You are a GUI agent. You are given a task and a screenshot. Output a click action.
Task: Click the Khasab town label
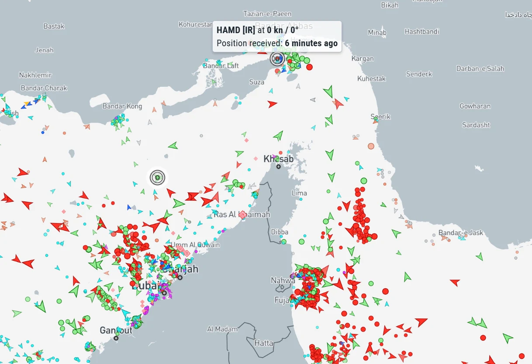tap(278, 159)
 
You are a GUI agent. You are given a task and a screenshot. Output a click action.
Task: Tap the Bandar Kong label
tap(122, 106)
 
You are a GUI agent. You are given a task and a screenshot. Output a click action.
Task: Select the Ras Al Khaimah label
tap(242, 214)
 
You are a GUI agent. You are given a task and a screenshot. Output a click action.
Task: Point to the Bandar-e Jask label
tap(461, 232)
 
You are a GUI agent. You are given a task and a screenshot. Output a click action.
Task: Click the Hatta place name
tap(263, 343)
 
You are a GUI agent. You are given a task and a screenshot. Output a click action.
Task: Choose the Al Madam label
tap(223, 329)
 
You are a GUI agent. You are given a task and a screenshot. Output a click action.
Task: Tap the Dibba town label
tap(280, 232)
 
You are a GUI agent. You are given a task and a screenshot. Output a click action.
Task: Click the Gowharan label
tap(475, 106)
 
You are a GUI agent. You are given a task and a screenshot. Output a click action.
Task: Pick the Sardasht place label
tap(476, 125)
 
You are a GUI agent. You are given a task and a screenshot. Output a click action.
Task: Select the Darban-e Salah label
tap(480, 68)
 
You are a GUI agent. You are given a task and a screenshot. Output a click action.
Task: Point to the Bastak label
tap(54, 26)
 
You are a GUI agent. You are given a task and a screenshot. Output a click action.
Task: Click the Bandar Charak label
tap(44, 88)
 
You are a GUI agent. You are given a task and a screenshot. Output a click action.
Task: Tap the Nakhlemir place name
tap(35, 75)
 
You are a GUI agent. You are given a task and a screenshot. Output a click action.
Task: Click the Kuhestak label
tap(372, 78)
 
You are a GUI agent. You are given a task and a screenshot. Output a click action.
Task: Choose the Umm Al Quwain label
tap(195, 245)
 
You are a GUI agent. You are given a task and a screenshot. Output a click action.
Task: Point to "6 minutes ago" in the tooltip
tap(311, 43)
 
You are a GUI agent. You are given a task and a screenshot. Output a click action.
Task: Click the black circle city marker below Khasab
tap(278, 167)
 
